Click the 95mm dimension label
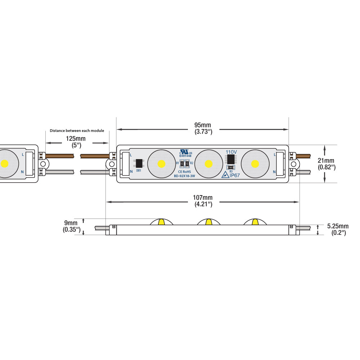click(203, 125)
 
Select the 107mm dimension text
click(203, 198)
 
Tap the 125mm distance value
click(76, 139)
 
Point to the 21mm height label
click(326, 161)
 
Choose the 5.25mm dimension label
click(338, 226)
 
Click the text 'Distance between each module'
click(77, 130)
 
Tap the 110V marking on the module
click(231, 152)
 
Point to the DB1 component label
click(139, 170)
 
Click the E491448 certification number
click(185, 156)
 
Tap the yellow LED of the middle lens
click(208, 164)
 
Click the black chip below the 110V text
click(231, 159)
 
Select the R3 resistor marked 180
click(231, 167)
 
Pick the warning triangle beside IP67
click(225, 175)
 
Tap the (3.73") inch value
click(203, 132)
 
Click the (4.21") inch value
click(203, 204)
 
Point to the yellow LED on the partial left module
click(4, 163)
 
